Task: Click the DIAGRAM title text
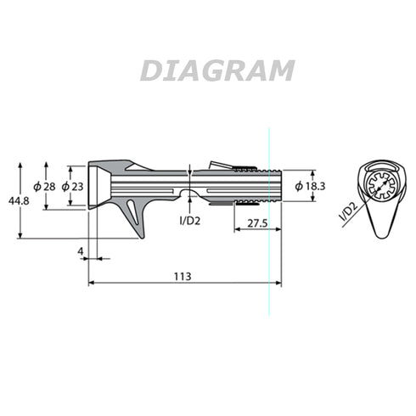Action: pos(217,70)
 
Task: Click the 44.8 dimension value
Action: pos(19,201)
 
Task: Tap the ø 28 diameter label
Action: pos(44,187)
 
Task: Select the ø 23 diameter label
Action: pos(72,187)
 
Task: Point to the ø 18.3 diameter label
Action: pos(310,186)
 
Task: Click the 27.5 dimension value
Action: pos(257,223)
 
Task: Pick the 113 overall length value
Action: pos(183,276)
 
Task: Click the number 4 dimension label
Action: pos(81,251)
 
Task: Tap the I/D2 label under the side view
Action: pos(190,221)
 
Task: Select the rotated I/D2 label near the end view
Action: pos(348,211)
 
